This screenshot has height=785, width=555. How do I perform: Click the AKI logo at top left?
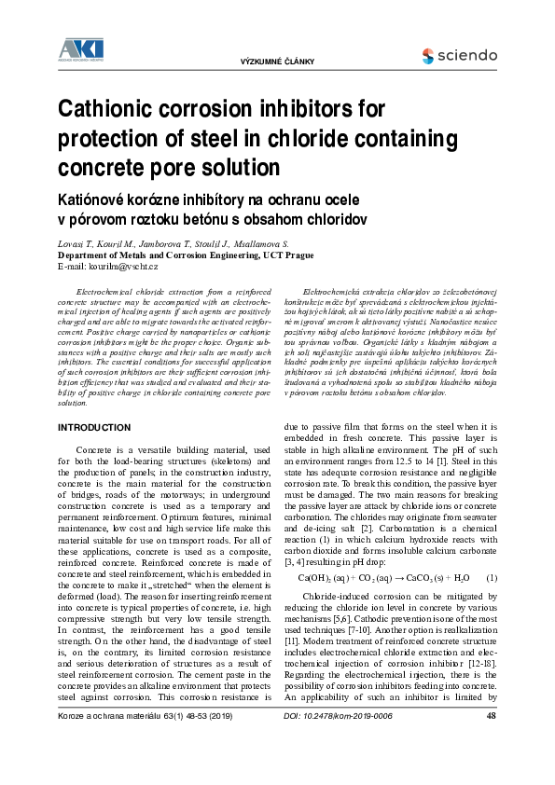click(x=81, y=49)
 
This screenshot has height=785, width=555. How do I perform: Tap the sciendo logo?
click(x=459, y=56)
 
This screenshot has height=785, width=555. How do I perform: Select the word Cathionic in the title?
click(x=110, y=109)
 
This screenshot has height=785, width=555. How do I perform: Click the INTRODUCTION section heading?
click(x=94, y=427)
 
